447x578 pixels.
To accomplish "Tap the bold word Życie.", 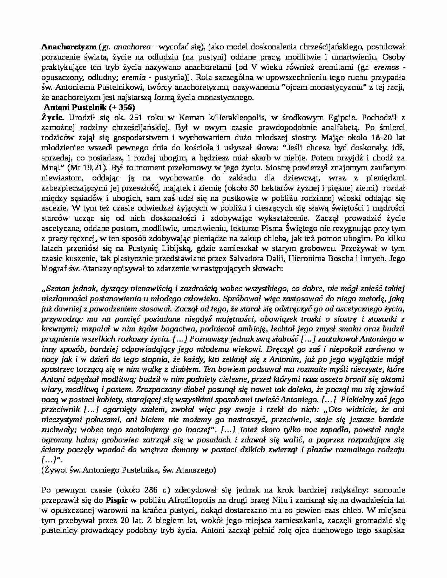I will [53, 117].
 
